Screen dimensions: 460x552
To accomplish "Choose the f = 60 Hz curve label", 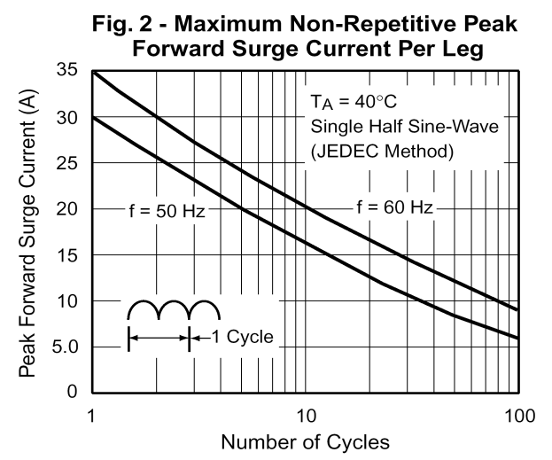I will click(394, 208).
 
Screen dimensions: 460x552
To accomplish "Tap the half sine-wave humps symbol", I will click(174, 310).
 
